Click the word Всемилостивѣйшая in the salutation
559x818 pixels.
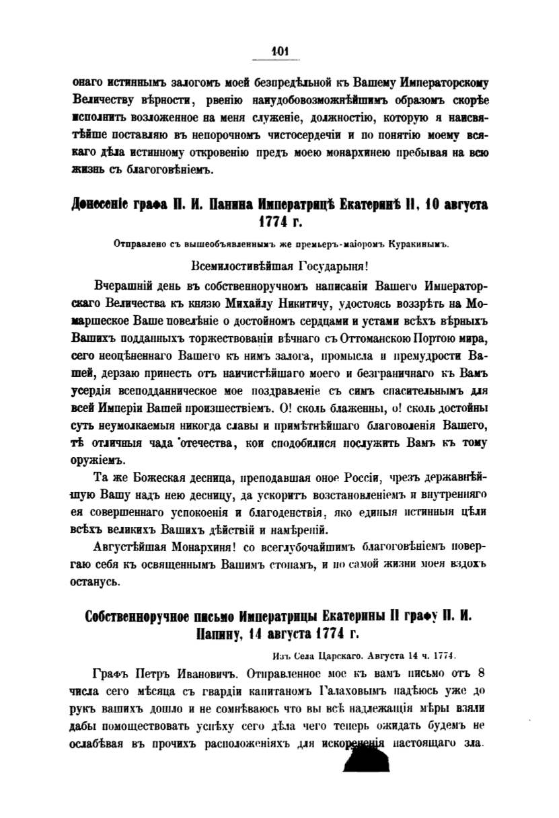coord(230,265)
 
